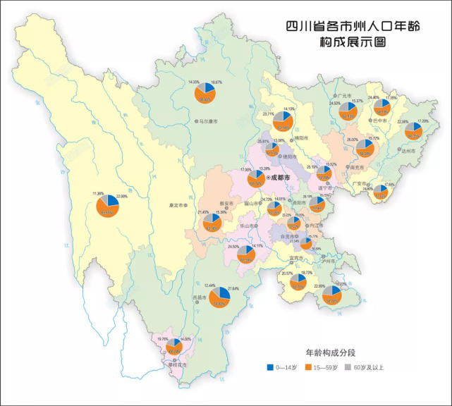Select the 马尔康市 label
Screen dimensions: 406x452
pyautogui.click(x=206, y=122)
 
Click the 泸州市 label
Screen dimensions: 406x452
pyautogui.click(x=327, y=260)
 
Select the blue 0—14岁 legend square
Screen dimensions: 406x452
pyautogui.click(x=271, y=367)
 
